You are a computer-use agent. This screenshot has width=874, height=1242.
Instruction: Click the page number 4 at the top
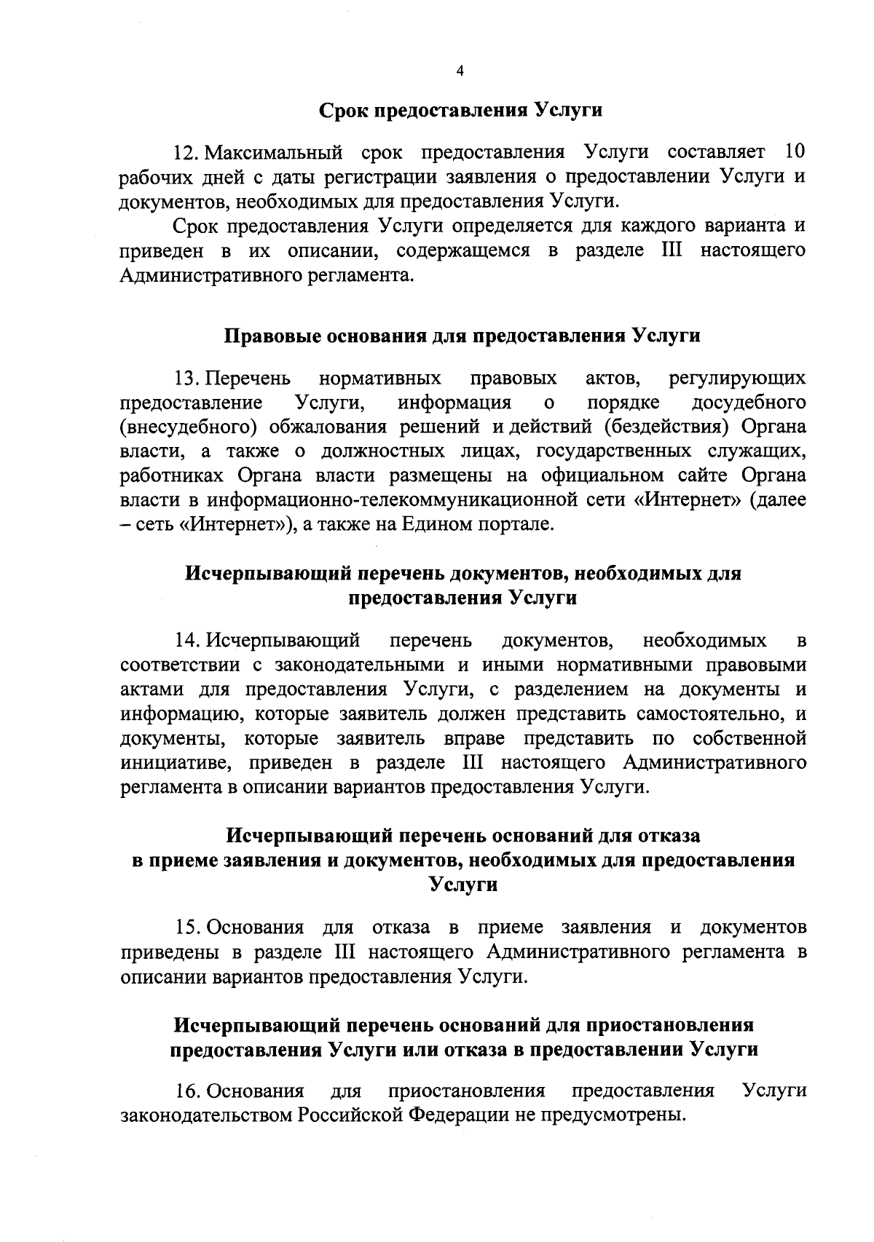[459, 71]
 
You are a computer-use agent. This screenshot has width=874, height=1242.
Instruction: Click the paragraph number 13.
[187, 379]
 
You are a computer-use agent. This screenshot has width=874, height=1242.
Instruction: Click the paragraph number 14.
[187, 641]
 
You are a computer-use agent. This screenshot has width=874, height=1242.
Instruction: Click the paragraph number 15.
[187, 927]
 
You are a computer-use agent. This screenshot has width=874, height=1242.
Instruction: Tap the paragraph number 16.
[187, 1091]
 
